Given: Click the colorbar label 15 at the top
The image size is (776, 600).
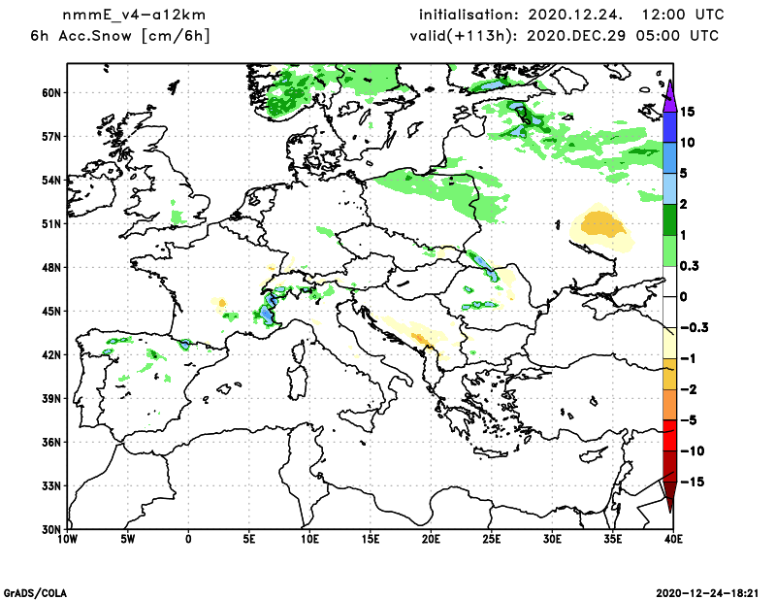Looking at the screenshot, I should click(687, 112).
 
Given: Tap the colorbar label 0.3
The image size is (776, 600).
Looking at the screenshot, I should click(690, 266).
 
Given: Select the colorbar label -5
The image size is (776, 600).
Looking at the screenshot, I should click(688, 420).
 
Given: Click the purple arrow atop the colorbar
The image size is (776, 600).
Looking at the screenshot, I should click(669, 94).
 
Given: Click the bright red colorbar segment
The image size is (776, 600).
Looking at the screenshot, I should click(669, 436).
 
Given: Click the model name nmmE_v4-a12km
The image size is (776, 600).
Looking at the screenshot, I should click(121, 16).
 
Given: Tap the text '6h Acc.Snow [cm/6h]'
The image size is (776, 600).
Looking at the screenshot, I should click(121, 36).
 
